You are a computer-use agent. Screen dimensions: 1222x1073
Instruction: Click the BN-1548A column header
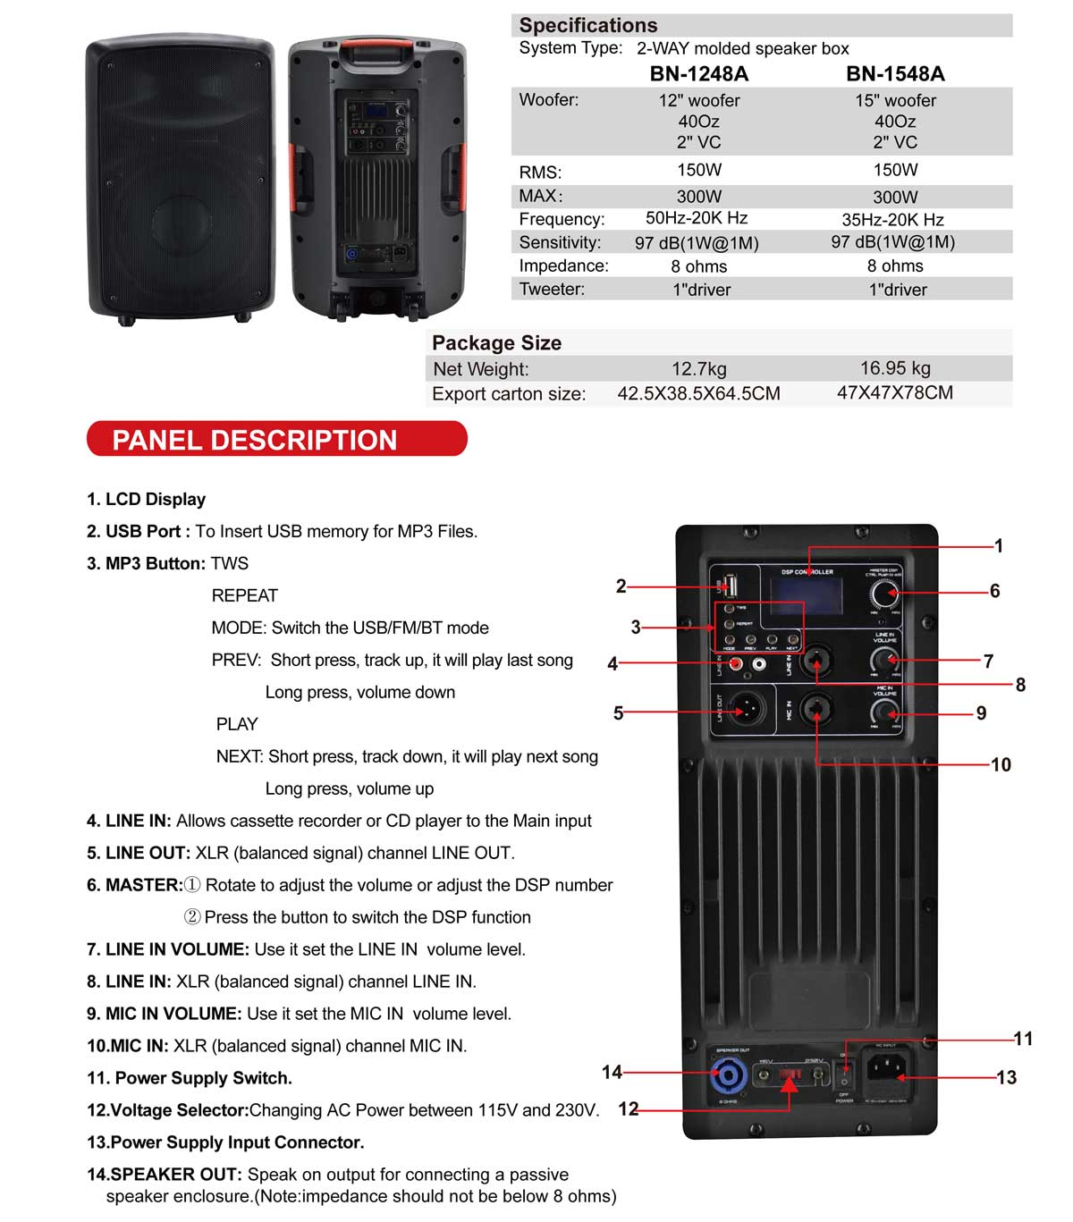[x=895, y=74]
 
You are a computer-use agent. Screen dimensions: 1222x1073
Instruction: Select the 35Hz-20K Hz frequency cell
[x=892, y=219]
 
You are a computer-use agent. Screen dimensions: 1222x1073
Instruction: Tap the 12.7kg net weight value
[x=698, y=368]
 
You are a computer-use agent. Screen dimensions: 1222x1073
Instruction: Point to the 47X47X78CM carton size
[x=894, y=392]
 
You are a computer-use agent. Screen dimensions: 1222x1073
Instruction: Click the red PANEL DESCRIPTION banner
[x=276, y=440]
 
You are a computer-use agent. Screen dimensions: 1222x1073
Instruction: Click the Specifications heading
[x=587, y=25]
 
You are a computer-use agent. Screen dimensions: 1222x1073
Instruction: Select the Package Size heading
[x=496, y=343]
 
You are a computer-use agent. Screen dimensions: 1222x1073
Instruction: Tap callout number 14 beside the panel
[x=612, y=1072]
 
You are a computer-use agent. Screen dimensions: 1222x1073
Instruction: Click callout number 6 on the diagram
[x=994, y=591]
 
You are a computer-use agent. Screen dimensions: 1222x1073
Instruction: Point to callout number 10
[x=1001, y=764]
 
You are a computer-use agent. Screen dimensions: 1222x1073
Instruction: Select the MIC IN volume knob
[x=884, y=712]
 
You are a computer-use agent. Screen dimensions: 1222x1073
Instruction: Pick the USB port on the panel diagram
[x=730, y=586]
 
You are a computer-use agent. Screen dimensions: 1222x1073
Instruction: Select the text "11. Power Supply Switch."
[x=189, y=1078]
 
